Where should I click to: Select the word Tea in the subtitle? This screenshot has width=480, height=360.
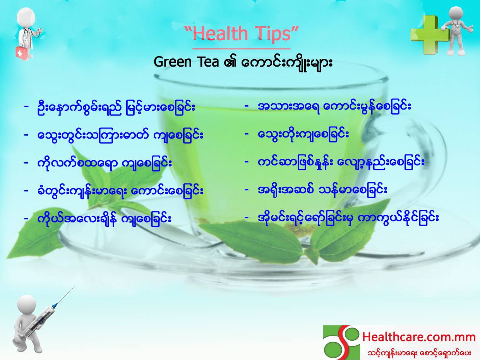click(208, 62)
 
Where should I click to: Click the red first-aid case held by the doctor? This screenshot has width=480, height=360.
click(21, 51)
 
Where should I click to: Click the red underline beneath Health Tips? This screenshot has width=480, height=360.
click(242, 48)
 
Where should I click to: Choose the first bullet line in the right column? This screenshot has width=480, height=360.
click(327, 107)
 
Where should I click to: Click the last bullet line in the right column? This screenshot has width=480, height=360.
click(341, 218)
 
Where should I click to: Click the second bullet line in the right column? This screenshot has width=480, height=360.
click(297, 135)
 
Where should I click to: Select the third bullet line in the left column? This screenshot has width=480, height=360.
click(98, 163)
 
